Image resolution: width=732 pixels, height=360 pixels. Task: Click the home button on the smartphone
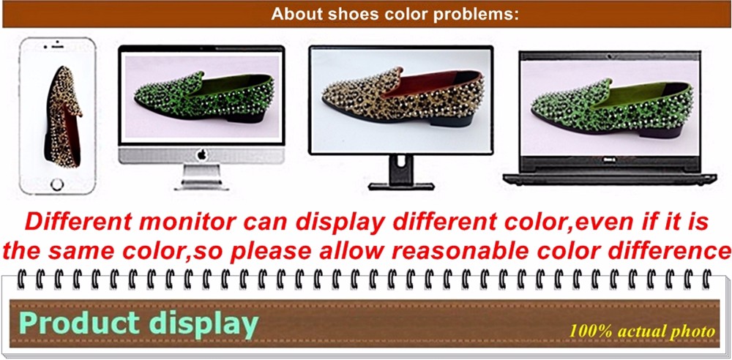click(x=57, y=184)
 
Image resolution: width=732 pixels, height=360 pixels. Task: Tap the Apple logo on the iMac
click(x=202, y=154)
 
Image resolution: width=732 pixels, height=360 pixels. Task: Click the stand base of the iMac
click(x=202, y=187)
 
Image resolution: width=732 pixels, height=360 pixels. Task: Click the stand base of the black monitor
click(x=401, y=187)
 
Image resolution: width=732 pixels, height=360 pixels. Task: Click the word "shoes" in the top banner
click(x=353, y=14)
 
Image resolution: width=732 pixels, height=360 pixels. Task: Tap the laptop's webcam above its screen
click(x=609, y=56)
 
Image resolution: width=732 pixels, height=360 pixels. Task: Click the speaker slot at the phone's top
click(x=57, y=47)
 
